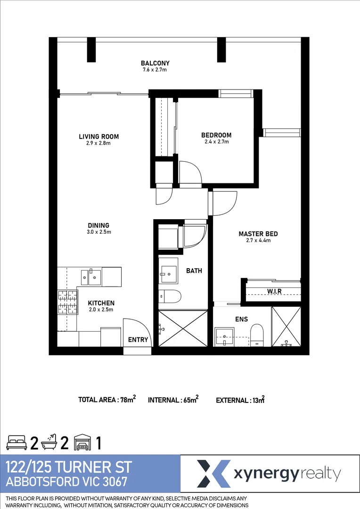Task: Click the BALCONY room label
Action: [155, 63]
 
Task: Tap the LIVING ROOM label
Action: [98, 137]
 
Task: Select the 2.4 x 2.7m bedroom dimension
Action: [216, 141]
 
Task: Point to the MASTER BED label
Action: [258, 234]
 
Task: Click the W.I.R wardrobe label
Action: [274, 291]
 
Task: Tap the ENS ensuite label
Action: [241, 319]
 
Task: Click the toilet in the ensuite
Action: [257, 334]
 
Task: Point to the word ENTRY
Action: [138, 339]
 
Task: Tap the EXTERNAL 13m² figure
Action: [240, 400]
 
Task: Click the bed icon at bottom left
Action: [16, 443]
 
